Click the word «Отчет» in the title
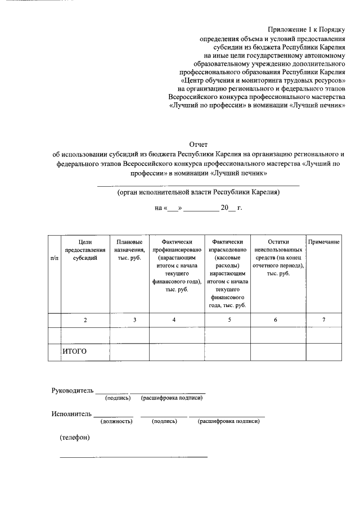tap(199, 145)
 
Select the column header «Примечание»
tap(323, 241)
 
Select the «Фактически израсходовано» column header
tap(227, 273)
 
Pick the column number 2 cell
tap(85, 319)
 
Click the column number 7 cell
tap(323, 319)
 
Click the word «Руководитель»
tap(71, 390)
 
